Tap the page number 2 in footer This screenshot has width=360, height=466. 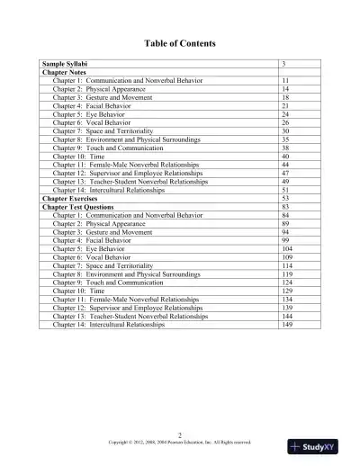180,435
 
